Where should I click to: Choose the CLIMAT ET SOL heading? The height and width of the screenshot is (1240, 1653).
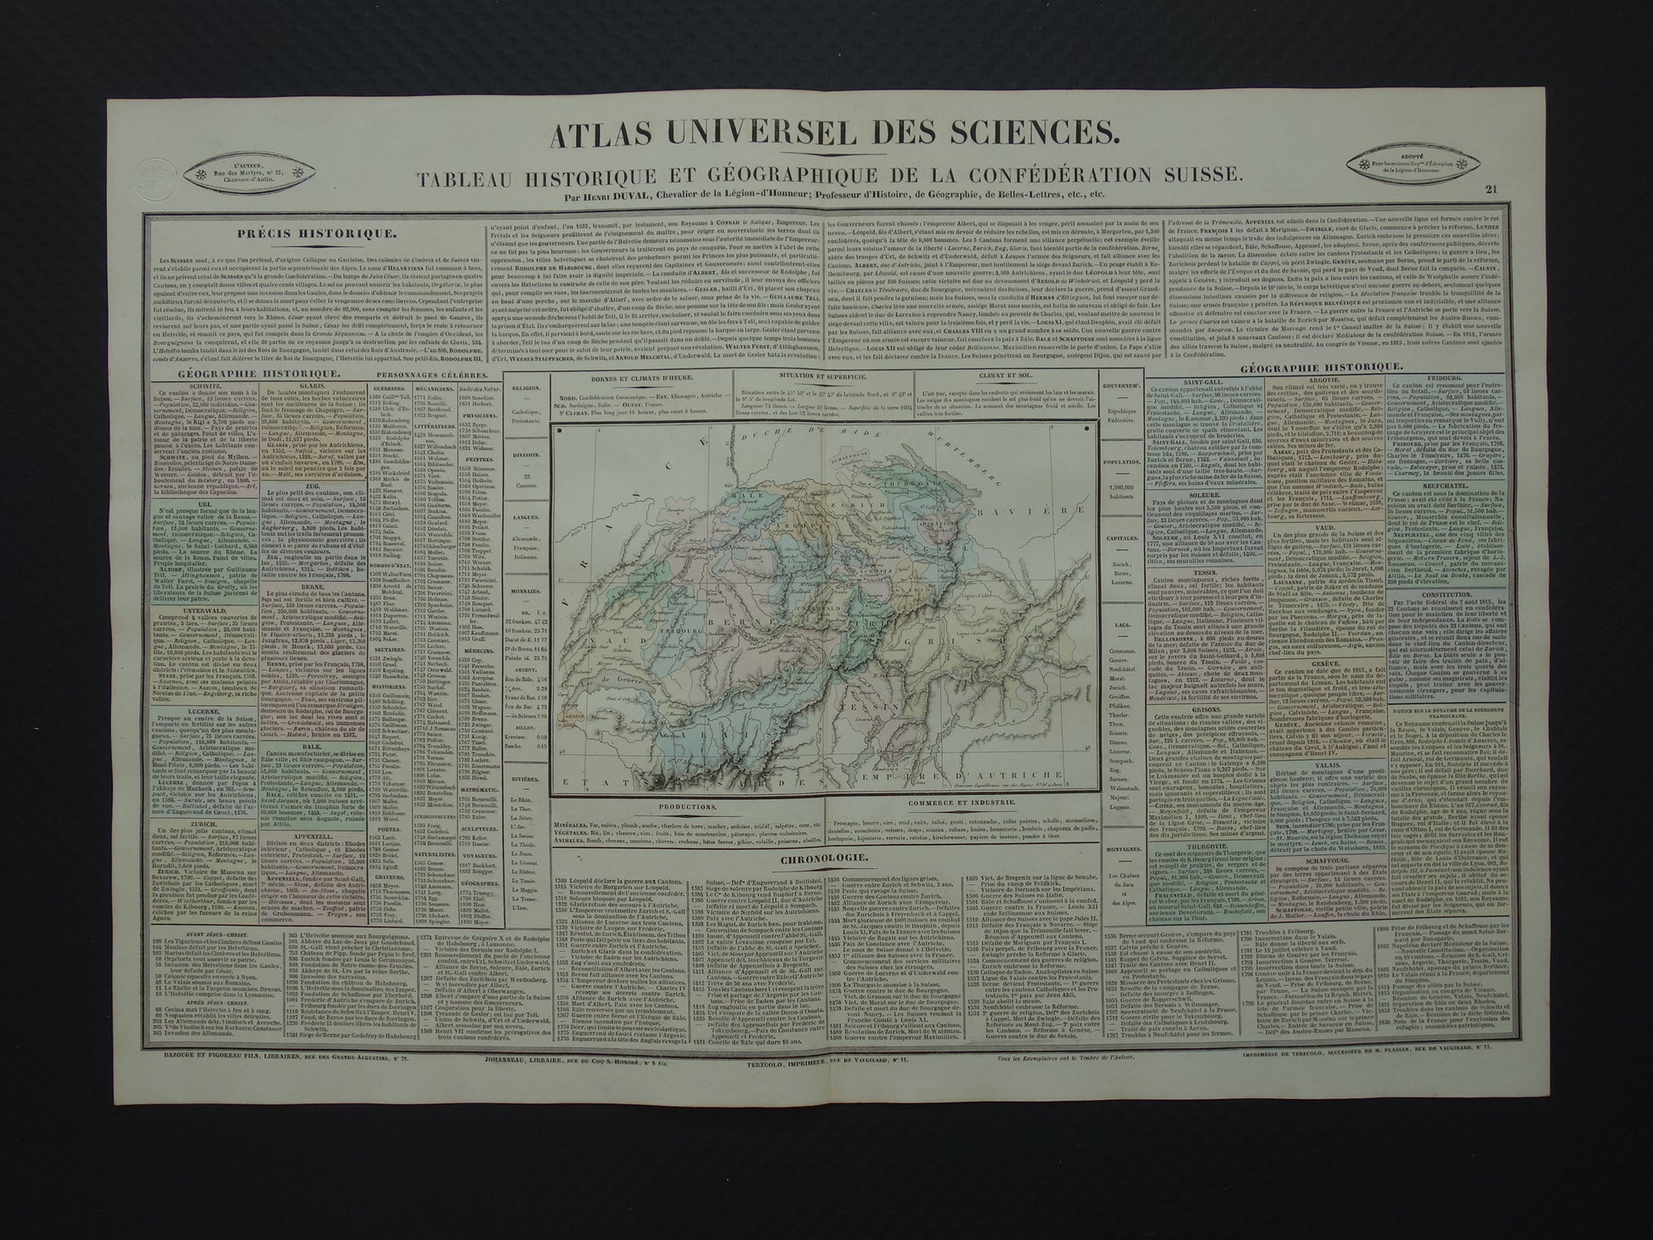pyautogui.click(x=961, y=398)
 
